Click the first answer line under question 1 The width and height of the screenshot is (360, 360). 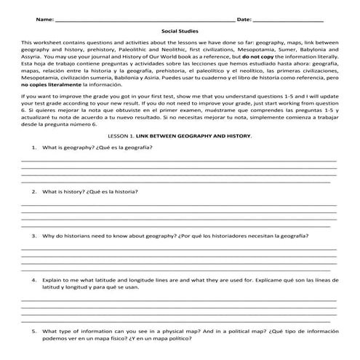coord(179,159)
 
